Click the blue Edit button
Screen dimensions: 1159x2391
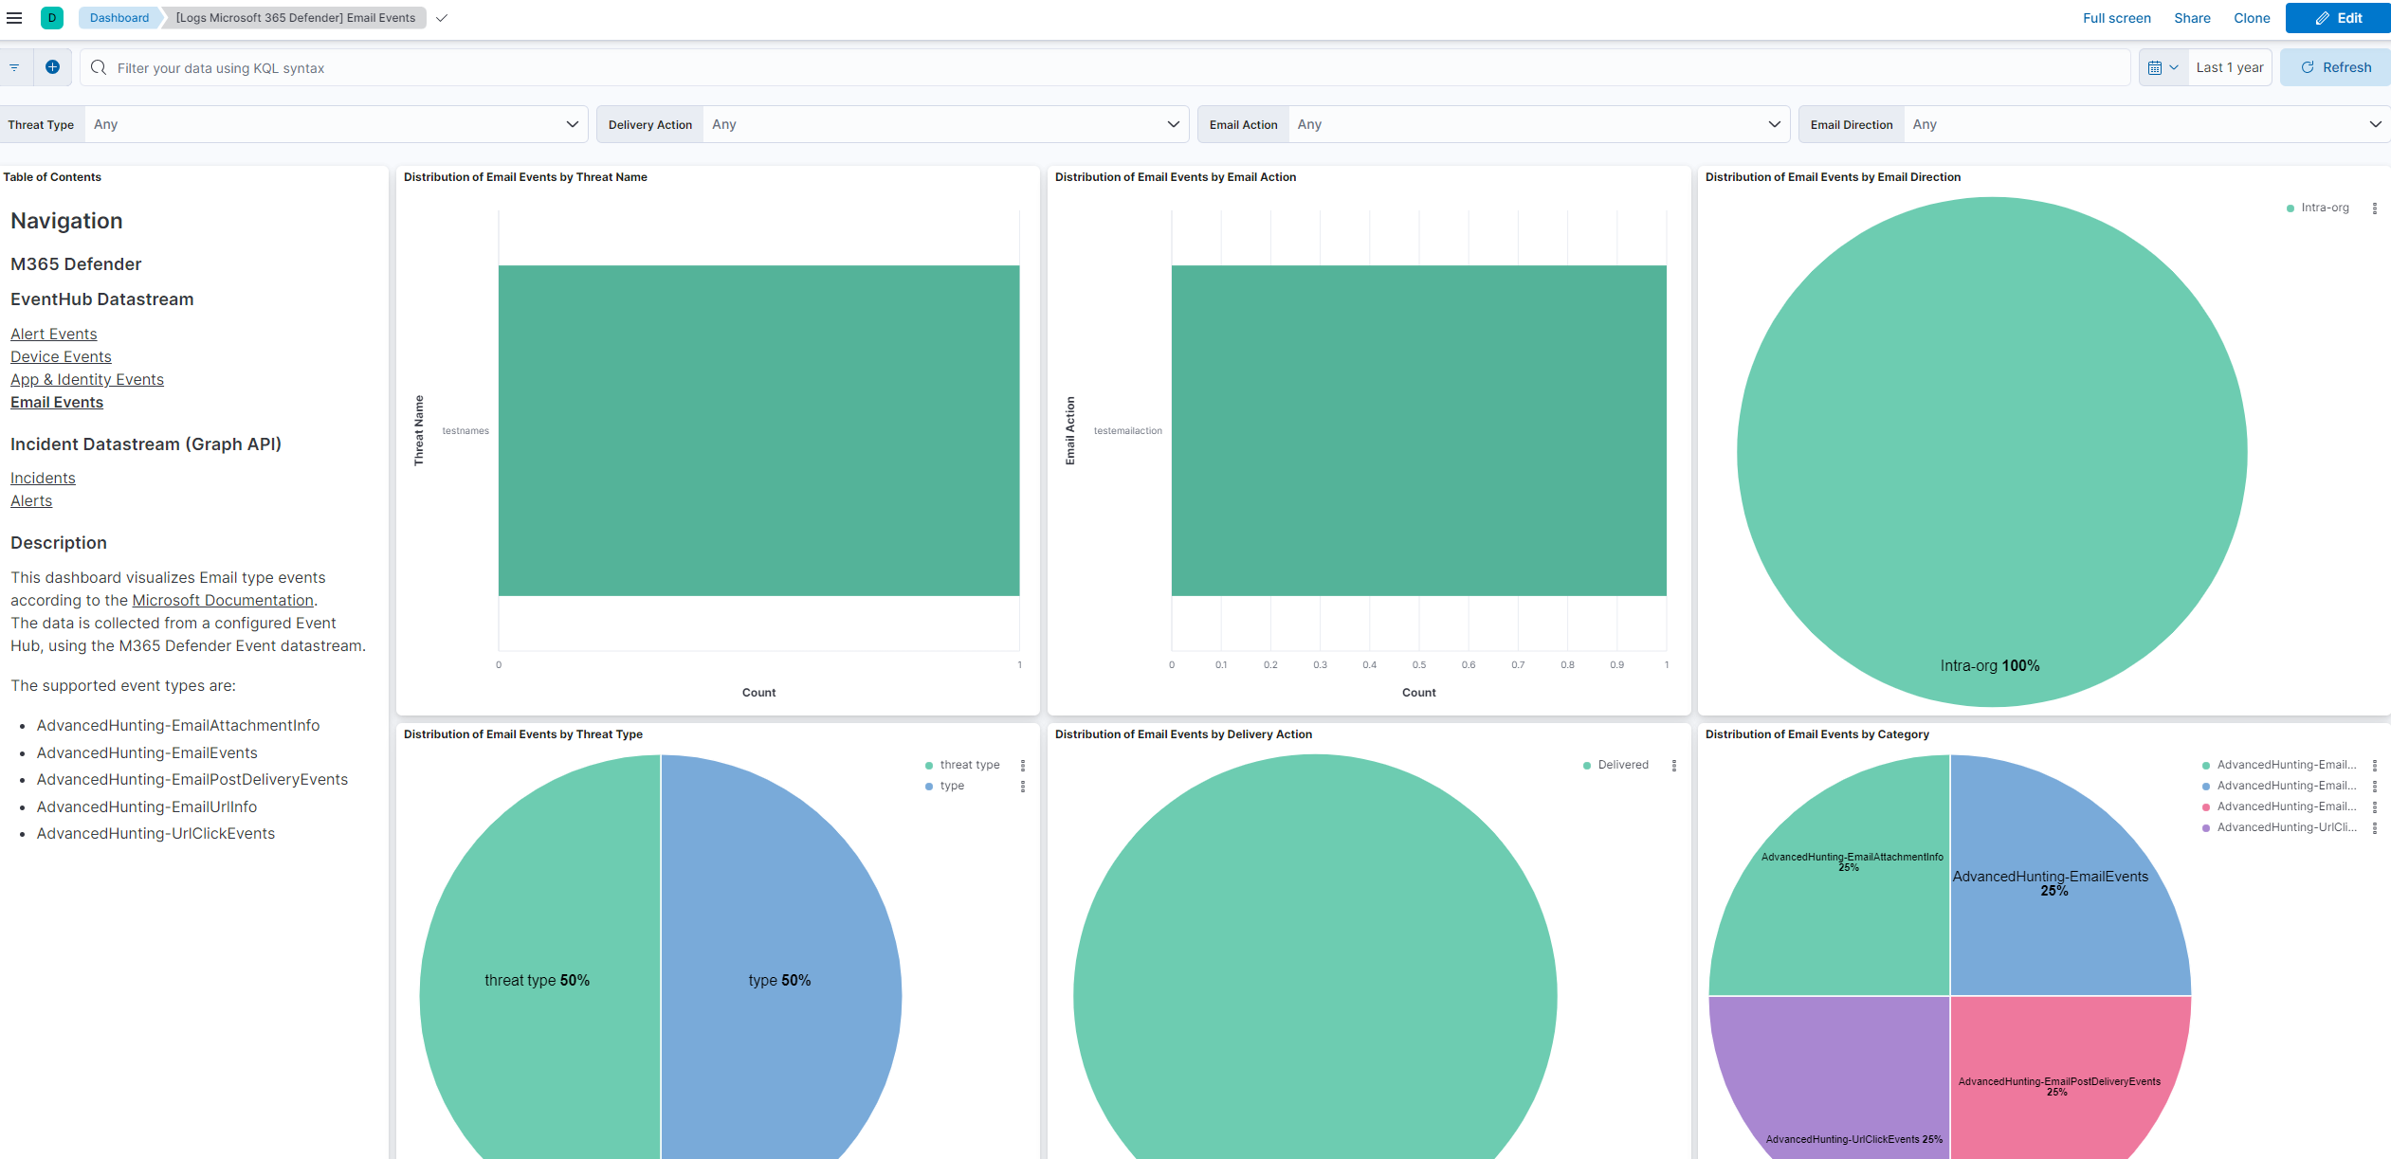click(2338, 18)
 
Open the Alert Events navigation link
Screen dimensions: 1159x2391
click(54, 334)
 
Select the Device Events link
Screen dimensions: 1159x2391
click(61, 356)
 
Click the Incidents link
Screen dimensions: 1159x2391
click(43, 478)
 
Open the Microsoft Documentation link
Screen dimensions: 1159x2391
click(223, 600)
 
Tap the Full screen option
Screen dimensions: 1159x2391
click(2116, 18)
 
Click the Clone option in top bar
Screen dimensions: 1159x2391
click(2252, 18)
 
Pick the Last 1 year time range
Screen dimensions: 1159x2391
click(2229, 67)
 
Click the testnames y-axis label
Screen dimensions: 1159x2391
click(465, 431)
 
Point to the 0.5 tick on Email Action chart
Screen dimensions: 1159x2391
click(1418, 665)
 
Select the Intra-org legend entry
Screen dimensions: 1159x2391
click(2324, 208)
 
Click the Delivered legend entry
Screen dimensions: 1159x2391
click(1622, 765)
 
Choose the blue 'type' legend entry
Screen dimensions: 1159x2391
click(952, 786)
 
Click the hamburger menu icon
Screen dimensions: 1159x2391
click(14, 18)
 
